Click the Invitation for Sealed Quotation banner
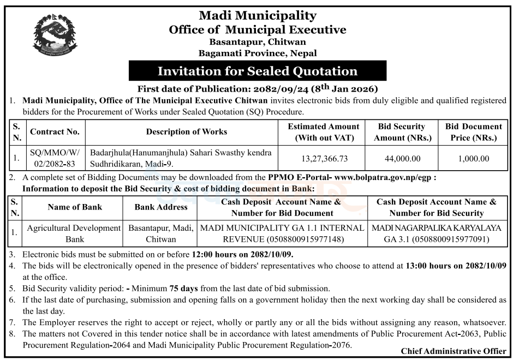click(x=257, y=71)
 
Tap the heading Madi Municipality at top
click(x=257, y=15)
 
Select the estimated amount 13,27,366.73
click(x=324, y=159)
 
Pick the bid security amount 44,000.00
click(x=401, y=159)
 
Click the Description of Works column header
click(x=186, y=131)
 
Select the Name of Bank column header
click(x=75, y=207)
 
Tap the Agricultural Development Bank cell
click(x=74, y=233)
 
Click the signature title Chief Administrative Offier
click(x=453, y=351)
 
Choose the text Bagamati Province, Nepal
click(x=257, y=53)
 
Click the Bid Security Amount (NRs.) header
click(x=401, y=132)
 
